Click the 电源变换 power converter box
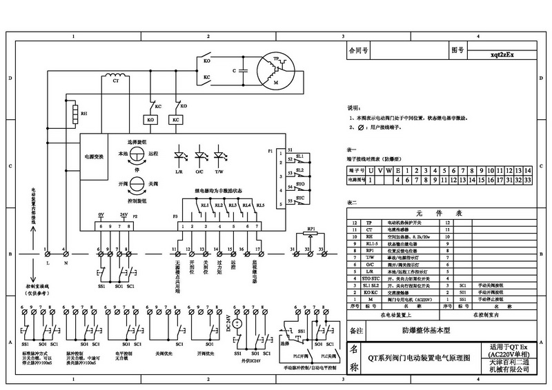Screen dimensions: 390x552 coord(93,157)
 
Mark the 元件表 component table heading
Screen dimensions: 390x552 coord(440,213)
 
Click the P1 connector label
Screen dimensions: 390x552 coord(270,150)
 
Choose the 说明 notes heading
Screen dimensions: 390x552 coord(353,108)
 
